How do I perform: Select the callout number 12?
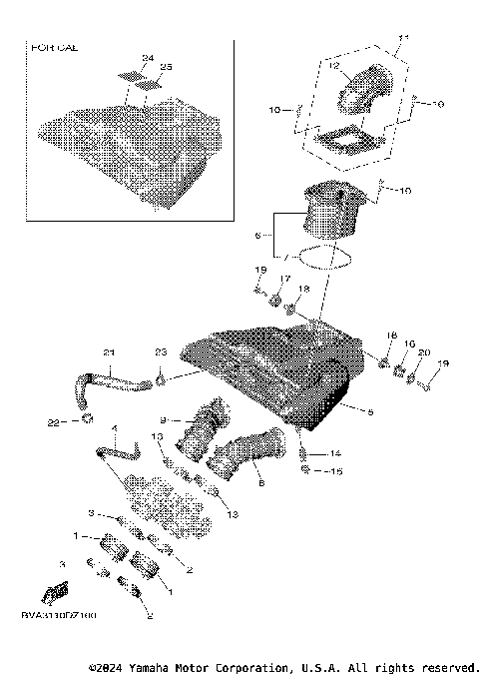[334, 66]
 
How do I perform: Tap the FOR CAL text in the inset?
[55, 47]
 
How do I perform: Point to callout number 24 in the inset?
[147, 58]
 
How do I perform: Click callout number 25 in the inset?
[166, 66]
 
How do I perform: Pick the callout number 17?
[284, 279]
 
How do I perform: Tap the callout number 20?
[422, 353]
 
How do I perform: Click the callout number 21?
[110, 352]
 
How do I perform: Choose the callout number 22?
[54, 422]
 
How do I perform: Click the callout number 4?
[114, 429]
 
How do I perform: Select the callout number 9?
[163, 419]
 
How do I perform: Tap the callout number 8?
[261, 482]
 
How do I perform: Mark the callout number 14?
[336, 453]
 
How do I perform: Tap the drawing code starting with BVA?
[56, 616]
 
